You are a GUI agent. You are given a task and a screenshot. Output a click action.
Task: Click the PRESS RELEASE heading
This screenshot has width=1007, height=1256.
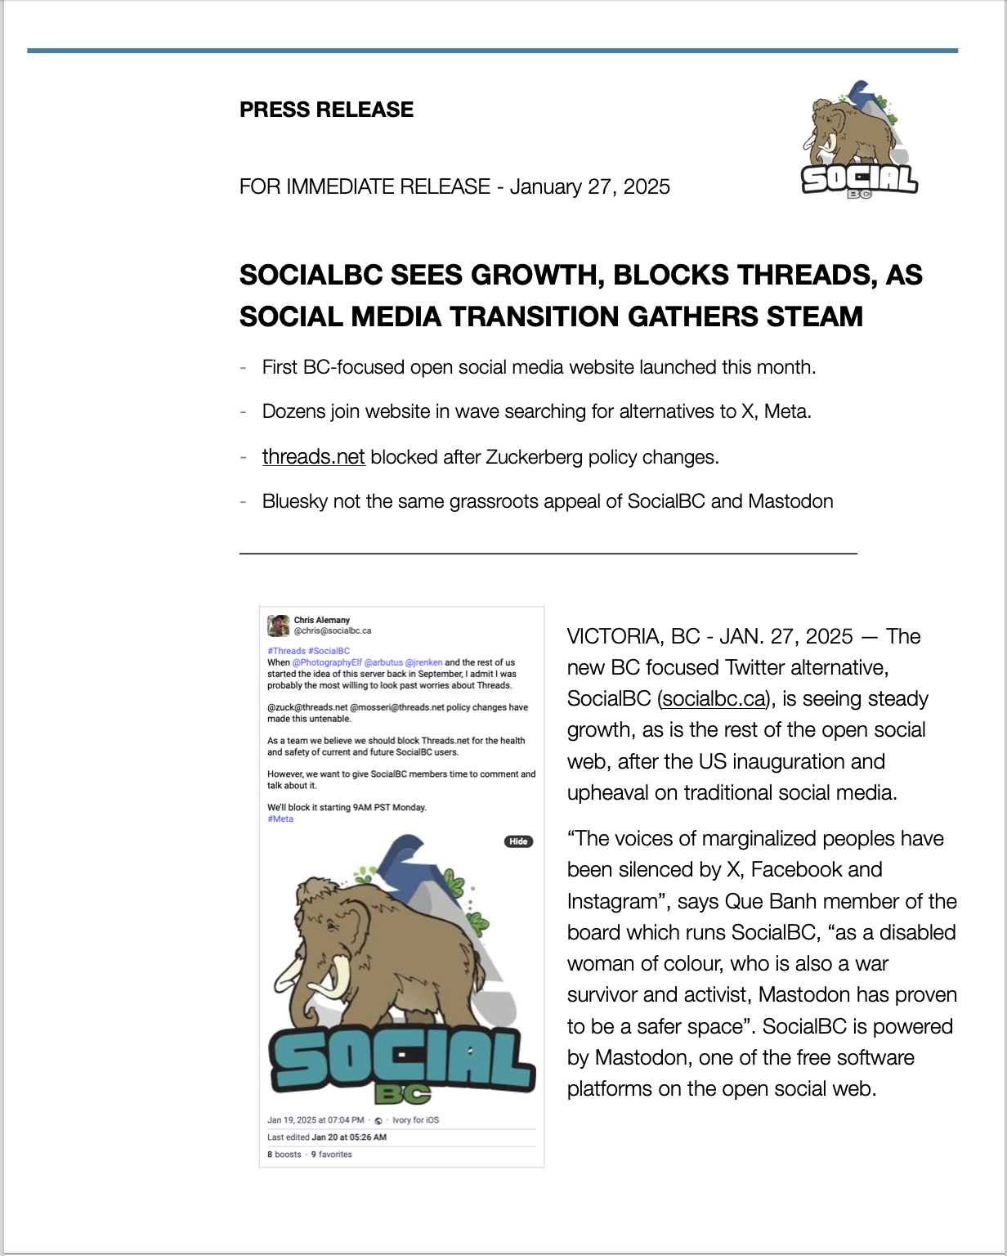(x=326, y=110)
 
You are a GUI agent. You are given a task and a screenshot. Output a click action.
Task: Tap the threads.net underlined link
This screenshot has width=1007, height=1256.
(x=313, y=456)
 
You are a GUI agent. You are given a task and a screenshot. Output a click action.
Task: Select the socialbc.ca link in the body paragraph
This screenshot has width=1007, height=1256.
(x=714, y=699)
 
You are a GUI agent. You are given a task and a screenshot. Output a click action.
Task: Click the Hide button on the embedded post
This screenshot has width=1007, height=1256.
(x=518, y=841)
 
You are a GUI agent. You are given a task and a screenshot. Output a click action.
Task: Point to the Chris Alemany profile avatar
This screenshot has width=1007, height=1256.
(x=278, y=626)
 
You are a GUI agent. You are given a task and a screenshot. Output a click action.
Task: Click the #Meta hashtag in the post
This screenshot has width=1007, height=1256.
(x=280, y=819)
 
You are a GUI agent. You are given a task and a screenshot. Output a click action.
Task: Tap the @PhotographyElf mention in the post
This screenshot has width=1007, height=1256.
(x=327, y=662)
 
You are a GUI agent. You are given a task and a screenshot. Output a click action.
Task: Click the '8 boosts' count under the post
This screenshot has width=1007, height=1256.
(x=284, y=1155)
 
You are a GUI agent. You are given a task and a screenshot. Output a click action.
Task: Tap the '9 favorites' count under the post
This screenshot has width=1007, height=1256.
(x=331, y=1155)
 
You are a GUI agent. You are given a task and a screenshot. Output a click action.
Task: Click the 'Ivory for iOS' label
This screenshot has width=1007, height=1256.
(x=415, y=1120)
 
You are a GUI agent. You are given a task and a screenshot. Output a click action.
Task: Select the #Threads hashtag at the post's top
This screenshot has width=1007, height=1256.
(x=286, y=651)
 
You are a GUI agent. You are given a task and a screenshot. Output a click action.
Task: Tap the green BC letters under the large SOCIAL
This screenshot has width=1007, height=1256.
(x=402, y=1093)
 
